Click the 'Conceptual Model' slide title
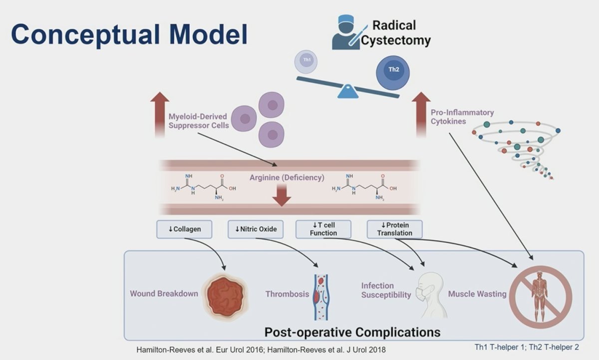tap(129, 34)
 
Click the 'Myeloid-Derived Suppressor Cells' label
tap(198, 121)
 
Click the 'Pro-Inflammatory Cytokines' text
tap(462, 117)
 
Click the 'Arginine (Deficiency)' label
tap(287, 178)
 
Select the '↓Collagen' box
tap(184, 229)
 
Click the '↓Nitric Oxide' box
tap(256, 229)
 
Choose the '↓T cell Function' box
tap(323, 229)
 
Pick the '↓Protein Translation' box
tap(394, 229)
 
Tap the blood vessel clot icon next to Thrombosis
tap(320, 297)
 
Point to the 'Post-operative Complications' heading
tap(352, 332)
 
